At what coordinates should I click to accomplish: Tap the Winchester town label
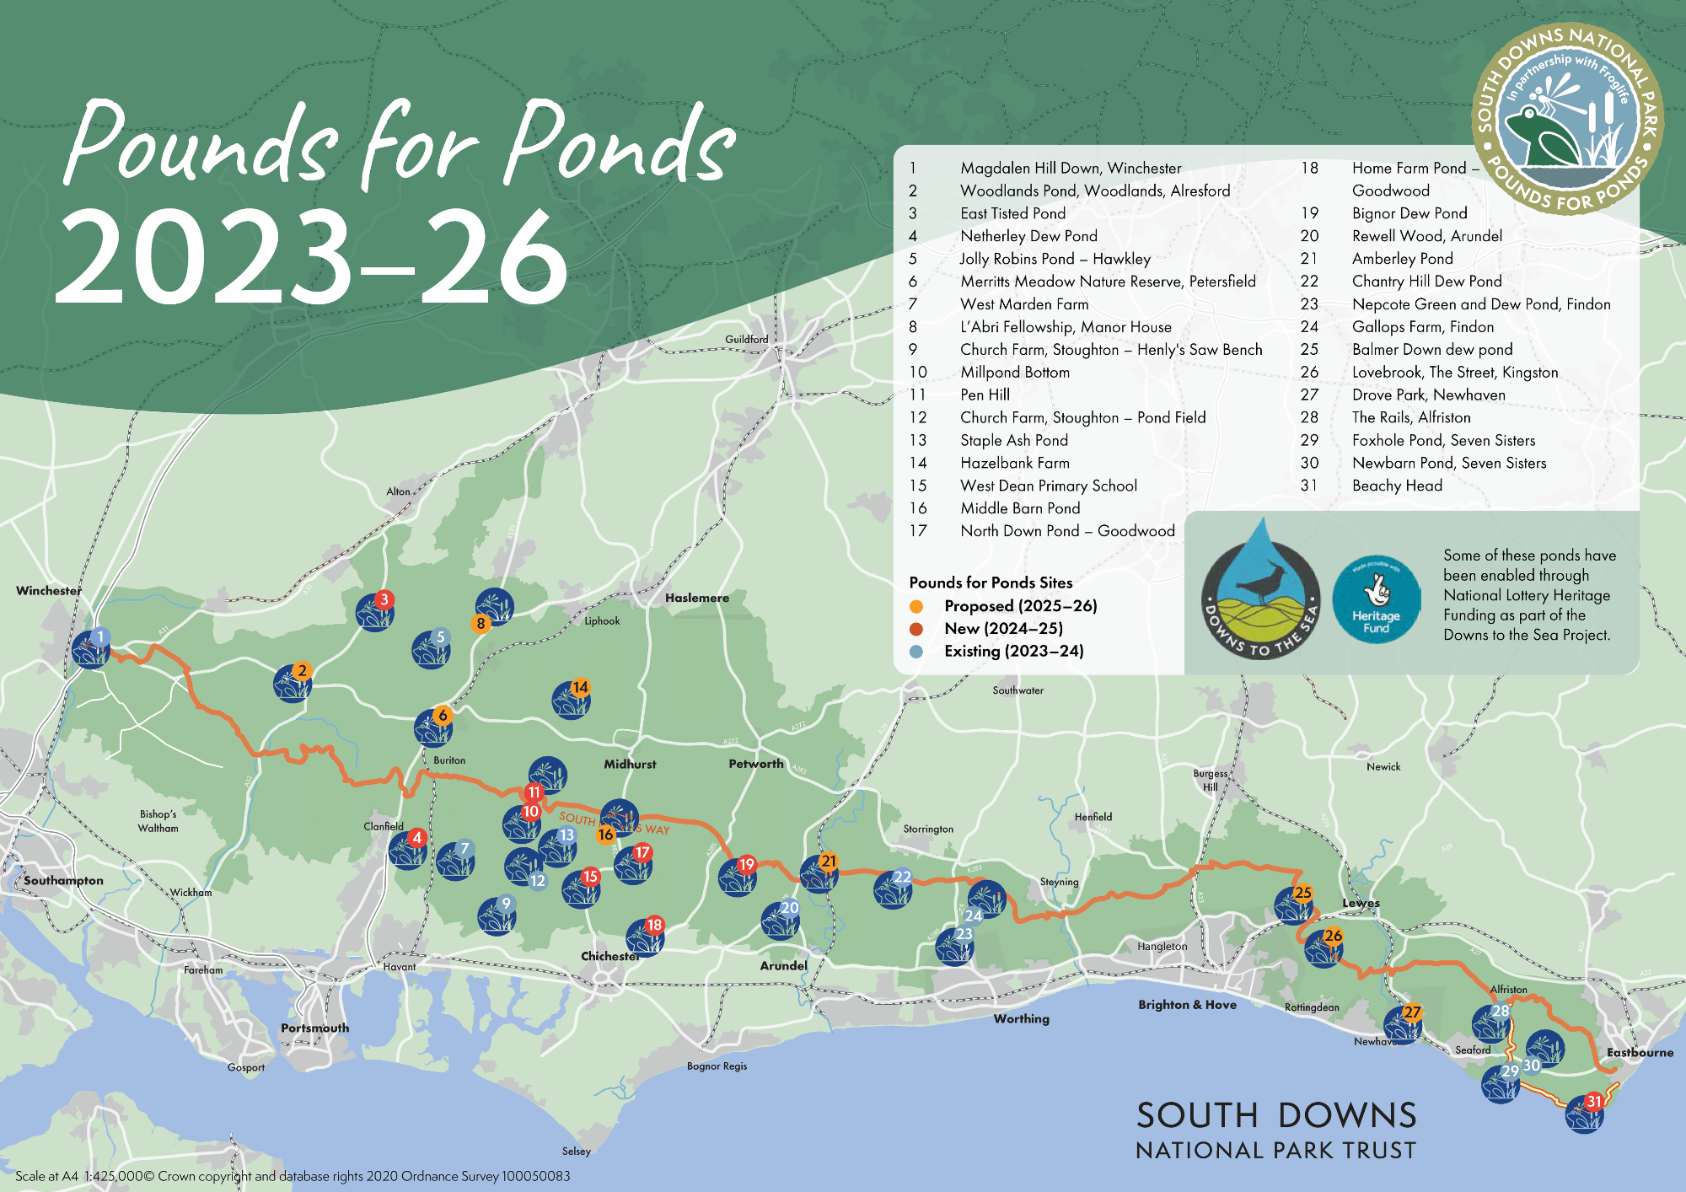click(49, 591)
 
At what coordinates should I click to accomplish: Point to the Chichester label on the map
click(609, 956)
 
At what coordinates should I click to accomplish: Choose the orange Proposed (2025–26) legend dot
click(916, 606)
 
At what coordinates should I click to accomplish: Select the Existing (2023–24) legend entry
click(1013, 651)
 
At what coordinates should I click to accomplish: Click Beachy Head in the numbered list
click(1397, 486)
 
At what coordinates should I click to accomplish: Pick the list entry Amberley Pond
click(1402, 259)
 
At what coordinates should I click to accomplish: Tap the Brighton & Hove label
click(1187, 1005)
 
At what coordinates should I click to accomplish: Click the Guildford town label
click(746, 340)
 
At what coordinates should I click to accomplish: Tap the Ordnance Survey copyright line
click(293, 1176)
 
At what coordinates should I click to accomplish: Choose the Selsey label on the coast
click(577, 1152)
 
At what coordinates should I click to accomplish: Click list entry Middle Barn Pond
click(1020, 508)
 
